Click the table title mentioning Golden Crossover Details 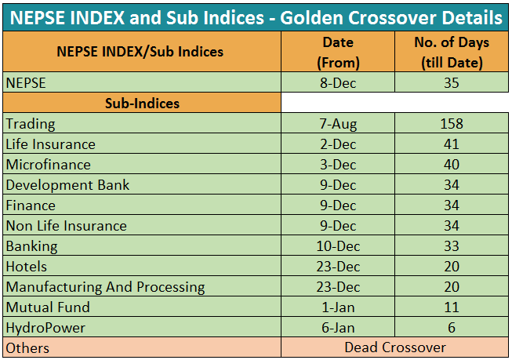click(256, 17)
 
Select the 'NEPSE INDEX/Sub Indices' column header click(140, 52)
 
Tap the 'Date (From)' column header click(338, 53)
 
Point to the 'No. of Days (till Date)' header click(452, 53)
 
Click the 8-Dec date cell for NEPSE click(338, 83)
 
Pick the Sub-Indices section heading click(142, 104)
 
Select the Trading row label click(31, 124)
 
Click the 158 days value click(452, 124)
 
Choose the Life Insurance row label click(51, 144)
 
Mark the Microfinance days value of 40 click(452, 165)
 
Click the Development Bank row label click(67, 185)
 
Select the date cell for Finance click(338, 205)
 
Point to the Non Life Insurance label click(67, 226)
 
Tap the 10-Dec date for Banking click(338, 246)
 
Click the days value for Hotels click(452, 267)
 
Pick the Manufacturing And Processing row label click(106, 287)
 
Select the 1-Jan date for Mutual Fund click(338, 307)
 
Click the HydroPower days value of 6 click(452, 328)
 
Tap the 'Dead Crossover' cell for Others click(395, 347)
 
